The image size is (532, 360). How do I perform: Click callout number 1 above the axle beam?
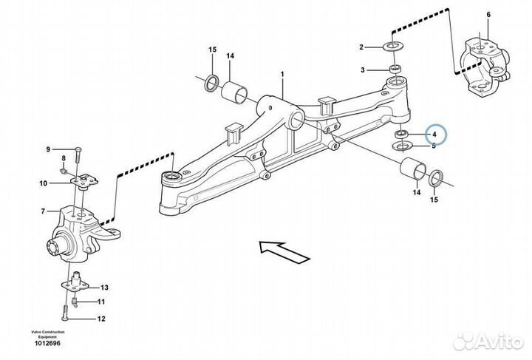282,75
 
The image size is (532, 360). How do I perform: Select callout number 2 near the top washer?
362,47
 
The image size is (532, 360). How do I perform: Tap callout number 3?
363,69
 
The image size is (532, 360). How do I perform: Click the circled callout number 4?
435,135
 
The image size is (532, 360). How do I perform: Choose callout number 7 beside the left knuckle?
44,211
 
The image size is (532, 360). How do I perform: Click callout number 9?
48,150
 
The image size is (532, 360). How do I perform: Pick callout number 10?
44,183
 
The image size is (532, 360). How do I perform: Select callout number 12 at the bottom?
101,319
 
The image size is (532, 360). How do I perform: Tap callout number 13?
104,288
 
